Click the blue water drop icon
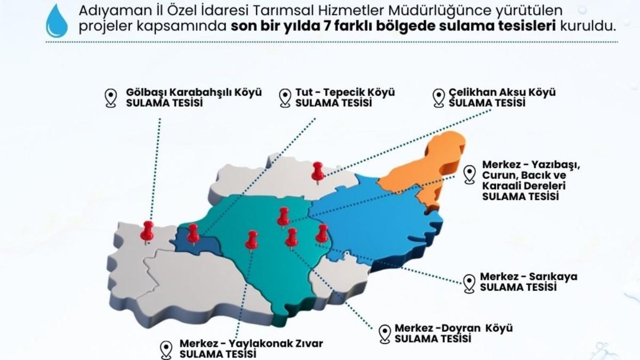coord(57,21)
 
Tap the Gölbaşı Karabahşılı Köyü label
coord(194,92)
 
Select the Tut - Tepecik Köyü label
coord(345,92)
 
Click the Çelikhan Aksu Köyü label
coord(502,92)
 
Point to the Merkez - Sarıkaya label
coord(529,277)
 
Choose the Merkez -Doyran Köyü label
coord(453,329)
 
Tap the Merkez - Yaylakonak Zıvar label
coord(251,343)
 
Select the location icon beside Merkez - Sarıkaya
coord(469,283)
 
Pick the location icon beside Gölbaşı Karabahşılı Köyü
coord(110,98)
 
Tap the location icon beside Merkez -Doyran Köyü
coord(385,334)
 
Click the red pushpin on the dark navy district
coord(193,233)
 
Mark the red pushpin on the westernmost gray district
coord(147,230)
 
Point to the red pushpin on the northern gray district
coord(318,171)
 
